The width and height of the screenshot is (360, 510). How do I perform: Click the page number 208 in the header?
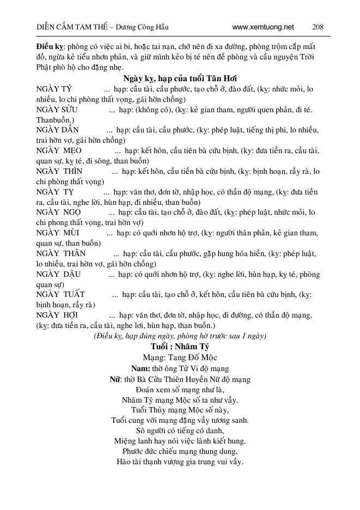point(319,27)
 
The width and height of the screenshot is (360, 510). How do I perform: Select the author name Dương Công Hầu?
point(145,27)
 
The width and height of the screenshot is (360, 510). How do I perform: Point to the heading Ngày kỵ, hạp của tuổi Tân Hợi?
point(180,78)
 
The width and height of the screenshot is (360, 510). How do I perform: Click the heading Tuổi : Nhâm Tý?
point(180,347)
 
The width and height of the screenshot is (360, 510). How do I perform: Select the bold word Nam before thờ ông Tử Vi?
point(141,368)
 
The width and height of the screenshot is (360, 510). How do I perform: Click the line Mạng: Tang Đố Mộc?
point(180,357)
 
